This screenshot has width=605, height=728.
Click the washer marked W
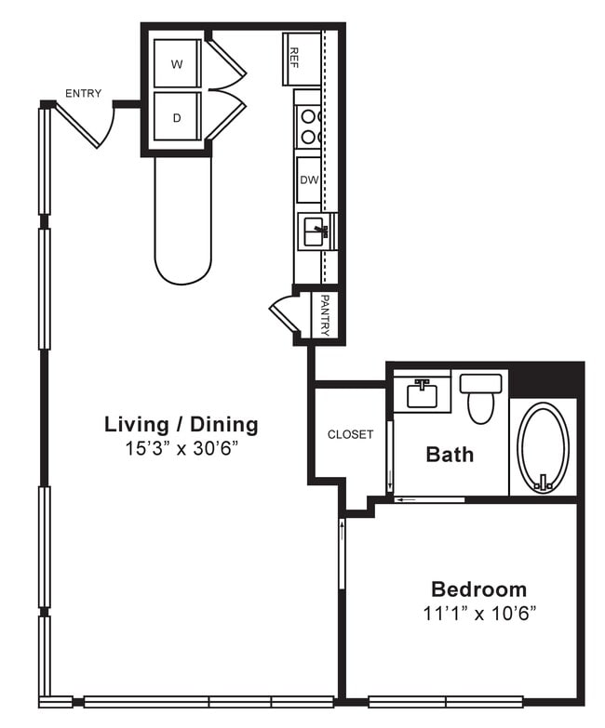(177, 64)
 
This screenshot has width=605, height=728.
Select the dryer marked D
(177, 117)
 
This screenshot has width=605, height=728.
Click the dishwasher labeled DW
(309, 179)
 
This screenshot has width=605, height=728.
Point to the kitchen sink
(316, 230)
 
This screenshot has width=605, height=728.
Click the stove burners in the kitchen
(309, 126)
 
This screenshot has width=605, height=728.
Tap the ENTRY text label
(83, 93)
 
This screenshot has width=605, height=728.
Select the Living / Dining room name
(181, 425)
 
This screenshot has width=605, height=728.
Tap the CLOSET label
(350, 434)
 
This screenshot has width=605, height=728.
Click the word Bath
(450, 454)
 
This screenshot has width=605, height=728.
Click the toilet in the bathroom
(480, 397)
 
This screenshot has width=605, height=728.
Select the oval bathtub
(543, 445)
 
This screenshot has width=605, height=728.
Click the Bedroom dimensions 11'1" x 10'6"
(478, 613)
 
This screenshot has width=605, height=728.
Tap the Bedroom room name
(478, 589)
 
